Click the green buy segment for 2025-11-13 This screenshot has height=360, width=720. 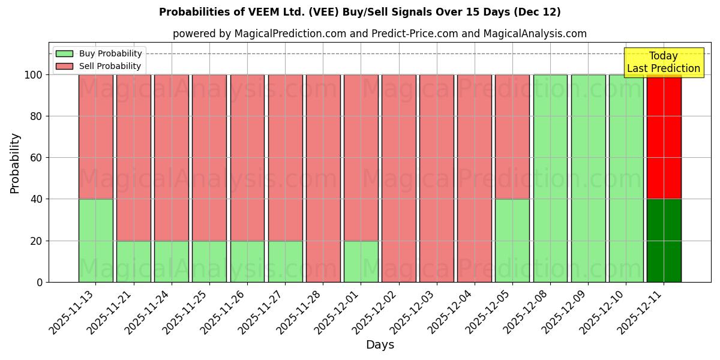[x=95, y=241]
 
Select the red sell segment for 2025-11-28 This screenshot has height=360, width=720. [x=323, y=178]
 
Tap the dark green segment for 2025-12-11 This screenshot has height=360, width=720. [x=664, y=241]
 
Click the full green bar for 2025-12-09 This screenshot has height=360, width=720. [x=588, y=178]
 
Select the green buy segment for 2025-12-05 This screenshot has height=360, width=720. [x=512, y=241]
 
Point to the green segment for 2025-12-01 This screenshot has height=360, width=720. [x=361, y=262]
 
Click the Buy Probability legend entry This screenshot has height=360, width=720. [x=99, y=53]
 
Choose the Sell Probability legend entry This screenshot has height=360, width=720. [x=99, y=66]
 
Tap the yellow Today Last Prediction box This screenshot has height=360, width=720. [x=663, y=62]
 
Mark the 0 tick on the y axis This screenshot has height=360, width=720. [x=39, y=283]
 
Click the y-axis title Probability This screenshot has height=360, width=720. [x=15, y=163]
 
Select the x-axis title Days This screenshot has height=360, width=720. [x=380, y=345]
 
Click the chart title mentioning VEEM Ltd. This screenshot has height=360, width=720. [x=360, y=12]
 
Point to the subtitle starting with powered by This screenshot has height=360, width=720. [x=380, y=34]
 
